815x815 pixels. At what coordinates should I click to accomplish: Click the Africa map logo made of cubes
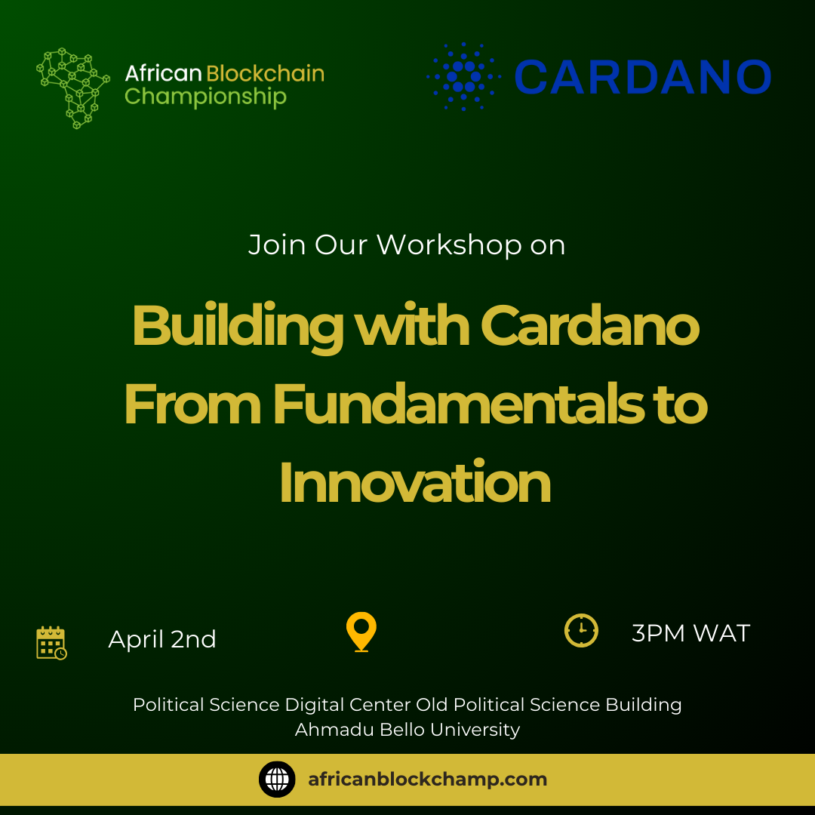pyautogui.click(x=72, y=88)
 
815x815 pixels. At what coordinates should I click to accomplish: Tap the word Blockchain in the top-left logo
pyautogui.click(x=265, y=73)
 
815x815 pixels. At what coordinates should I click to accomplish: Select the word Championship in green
pyautogui.click(x=205, y=97)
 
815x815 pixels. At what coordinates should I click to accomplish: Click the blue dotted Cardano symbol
pyautogui.click(x=463, y=76)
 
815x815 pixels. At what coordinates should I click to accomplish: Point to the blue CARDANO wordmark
pyautogui.click(x=642, y=77)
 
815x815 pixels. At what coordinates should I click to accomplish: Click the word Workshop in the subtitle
pyautogui.click(x=449, y=244)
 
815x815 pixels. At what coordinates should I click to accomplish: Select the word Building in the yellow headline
pyautogui.click(x=238, y=327)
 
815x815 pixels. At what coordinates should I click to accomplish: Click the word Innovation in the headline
pyautogui.click(x=415, y=482)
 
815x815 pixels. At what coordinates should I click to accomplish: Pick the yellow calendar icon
pyautogui.click(x=51, y=643)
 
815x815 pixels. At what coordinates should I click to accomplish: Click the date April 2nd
pyautogui.click(x=162, y=639)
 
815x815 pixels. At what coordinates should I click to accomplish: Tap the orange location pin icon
pyautogui.click(x=361, y=632)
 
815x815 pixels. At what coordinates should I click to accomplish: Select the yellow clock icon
pyautogui.click(x=581, y=630)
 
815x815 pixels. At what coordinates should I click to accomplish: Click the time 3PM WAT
pyautogui.click(x=690, y=633)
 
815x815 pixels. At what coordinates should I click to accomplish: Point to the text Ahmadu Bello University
pyautogui.click(x=407, y=729)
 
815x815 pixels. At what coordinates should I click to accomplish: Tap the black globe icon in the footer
pyautogui.click(x=277, y=779)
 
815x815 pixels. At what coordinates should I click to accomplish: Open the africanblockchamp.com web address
pyautogui.click(x=427, y=780)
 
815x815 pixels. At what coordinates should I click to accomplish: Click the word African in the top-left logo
pyautogui.click(x=163, y=73)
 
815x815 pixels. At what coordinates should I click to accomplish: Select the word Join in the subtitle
pyautogui.click(x=277, y=244)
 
